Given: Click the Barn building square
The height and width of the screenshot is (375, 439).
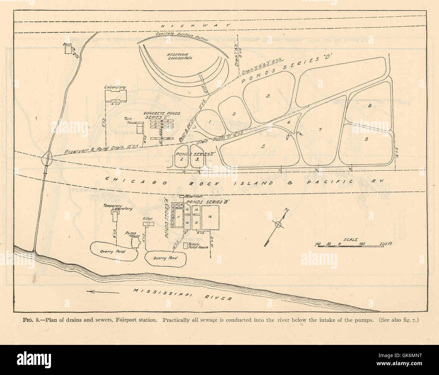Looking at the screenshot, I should pos(69,50).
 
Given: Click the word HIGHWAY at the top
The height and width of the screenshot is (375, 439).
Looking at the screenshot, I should pos(195,26).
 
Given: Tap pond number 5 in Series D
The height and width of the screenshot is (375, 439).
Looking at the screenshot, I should pos(263,146).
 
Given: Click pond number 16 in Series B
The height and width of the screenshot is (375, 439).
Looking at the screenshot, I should pos(210,217).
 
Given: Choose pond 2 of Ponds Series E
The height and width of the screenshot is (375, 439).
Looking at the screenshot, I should pos(181,158).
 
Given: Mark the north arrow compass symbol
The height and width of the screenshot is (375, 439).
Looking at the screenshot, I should pos(278,224).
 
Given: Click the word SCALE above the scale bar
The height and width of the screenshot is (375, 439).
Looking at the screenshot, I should pos(351,239).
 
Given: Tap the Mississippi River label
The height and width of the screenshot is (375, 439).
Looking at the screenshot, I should pos(182,295).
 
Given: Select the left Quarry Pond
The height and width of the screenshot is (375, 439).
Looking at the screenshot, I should pos(113,252).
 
